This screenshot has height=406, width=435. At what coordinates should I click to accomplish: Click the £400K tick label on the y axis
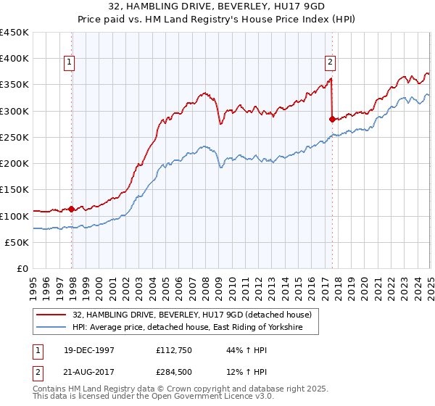coord(14,59)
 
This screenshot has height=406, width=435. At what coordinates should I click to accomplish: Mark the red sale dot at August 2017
coord(332,119)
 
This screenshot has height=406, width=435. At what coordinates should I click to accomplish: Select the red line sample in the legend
coord(52,315)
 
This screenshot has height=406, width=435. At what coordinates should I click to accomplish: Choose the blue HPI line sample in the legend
coord(52,328)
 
